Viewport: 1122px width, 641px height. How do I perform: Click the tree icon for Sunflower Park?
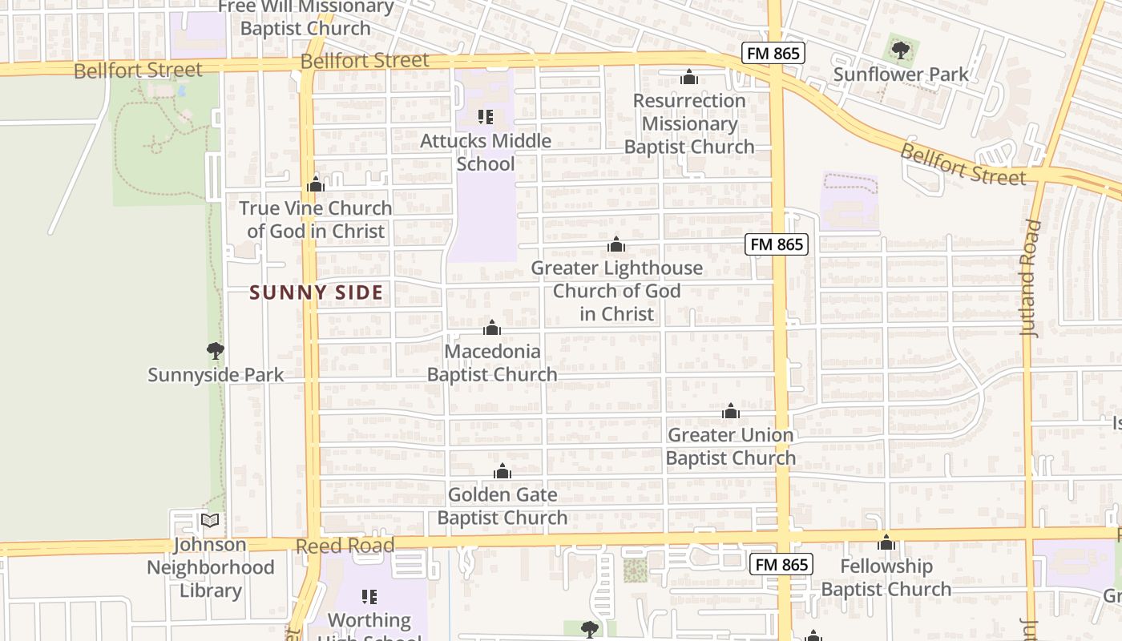point(901,51)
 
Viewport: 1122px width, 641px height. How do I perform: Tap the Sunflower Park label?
point(901,75)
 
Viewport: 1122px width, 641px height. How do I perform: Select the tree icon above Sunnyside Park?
point(215,350)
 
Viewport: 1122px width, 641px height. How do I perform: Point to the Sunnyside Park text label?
point(216,374)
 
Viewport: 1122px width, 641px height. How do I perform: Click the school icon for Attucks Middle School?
point(485,118)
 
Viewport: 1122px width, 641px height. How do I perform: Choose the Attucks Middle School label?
point(486,152)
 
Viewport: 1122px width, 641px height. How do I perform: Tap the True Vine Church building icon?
point(315,185)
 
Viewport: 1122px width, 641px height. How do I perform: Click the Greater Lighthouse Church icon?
point(615,244)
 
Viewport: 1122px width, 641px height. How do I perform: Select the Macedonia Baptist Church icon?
point(492,328)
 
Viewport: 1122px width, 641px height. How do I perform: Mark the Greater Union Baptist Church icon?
point(730,412)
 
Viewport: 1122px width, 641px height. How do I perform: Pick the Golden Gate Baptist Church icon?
point(502,471)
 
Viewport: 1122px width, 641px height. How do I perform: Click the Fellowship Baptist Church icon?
point(886,542)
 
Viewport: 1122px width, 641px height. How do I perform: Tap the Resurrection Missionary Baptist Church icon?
point(688,77)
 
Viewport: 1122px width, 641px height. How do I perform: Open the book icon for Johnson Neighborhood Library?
point(210,521)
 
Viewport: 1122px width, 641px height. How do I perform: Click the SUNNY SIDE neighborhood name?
point(316,292)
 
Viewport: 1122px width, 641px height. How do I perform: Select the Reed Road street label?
point(345,546)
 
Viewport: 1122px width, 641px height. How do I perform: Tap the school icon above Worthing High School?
point(369,596)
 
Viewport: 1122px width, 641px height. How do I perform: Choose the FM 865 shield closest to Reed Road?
point(782,564)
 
